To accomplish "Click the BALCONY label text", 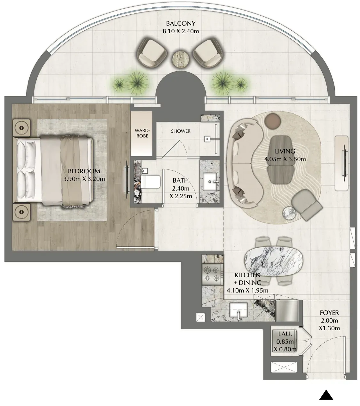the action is (181, 23).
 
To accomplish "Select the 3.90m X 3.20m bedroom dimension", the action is (84, 179).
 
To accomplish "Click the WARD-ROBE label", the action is (142, 133).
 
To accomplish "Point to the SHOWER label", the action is (181, 131).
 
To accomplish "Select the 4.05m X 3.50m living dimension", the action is (285, 159).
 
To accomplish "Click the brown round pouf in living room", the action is (273, 121).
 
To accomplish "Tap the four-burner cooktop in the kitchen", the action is (213, 275).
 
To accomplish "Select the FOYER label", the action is (329, 313).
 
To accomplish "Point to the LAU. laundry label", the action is (285, 334).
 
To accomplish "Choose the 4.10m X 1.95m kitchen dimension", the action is (247, 290).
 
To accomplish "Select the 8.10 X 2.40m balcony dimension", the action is (181, 31).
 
